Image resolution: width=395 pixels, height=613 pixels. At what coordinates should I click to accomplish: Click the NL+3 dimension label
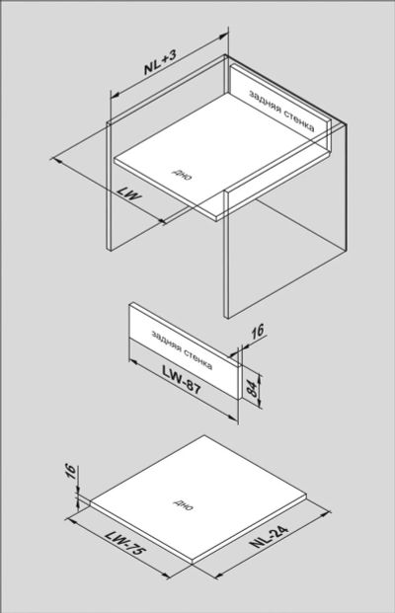pos(160,62)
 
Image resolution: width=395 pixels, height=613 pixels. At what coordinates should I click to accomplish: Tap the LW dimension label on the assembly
pos(129,193)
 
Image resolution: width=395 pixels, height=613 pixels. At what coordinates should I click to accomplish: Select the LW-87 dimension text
pos(182,380)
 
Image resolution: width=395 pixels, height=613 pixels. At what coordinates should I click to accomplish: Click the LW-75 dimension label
pos(125,543)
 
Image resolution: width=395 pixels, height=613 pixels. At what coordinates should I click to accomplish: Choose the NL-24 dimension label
pos(270,536)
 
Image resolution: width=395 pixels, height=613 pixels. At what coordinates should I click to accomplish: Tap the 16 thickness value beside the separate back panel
pos(258,331)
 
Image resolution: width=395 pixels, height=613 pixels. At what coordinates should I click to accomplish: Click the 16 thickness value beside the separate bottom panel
pos(70,471)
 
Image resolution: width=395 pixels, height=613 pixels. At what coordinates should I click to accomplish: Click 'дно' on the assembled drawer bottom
pos(183,175)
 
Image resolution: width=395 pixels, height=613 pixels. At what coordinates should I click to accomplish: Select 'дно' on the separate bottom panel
pos(183,505)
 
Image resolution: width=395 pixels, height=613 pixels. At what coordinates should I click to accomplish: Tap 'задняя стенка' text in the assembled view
pos(281,111)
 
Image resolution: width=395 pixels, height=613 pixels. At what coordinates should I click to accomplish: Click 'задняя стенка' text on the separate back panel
pos(182,349)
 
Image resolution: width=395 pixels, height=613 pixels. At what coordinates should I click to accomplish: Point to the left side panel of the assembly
pos(109,186)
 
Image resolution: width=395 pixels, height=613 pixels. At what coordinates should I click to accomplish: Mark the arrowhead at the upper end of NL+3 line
pos(223,37)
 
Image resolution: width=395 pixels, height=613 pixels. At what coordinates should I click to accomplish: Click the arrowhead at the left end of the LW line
pos(56,160)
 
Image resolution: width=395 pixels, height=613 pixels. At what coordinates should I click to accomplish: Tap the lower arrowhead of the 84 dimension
pos(259,405)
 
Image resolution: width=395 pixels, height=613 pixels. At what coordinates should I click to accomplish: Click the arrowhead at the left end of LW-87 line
pos(134,362)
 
